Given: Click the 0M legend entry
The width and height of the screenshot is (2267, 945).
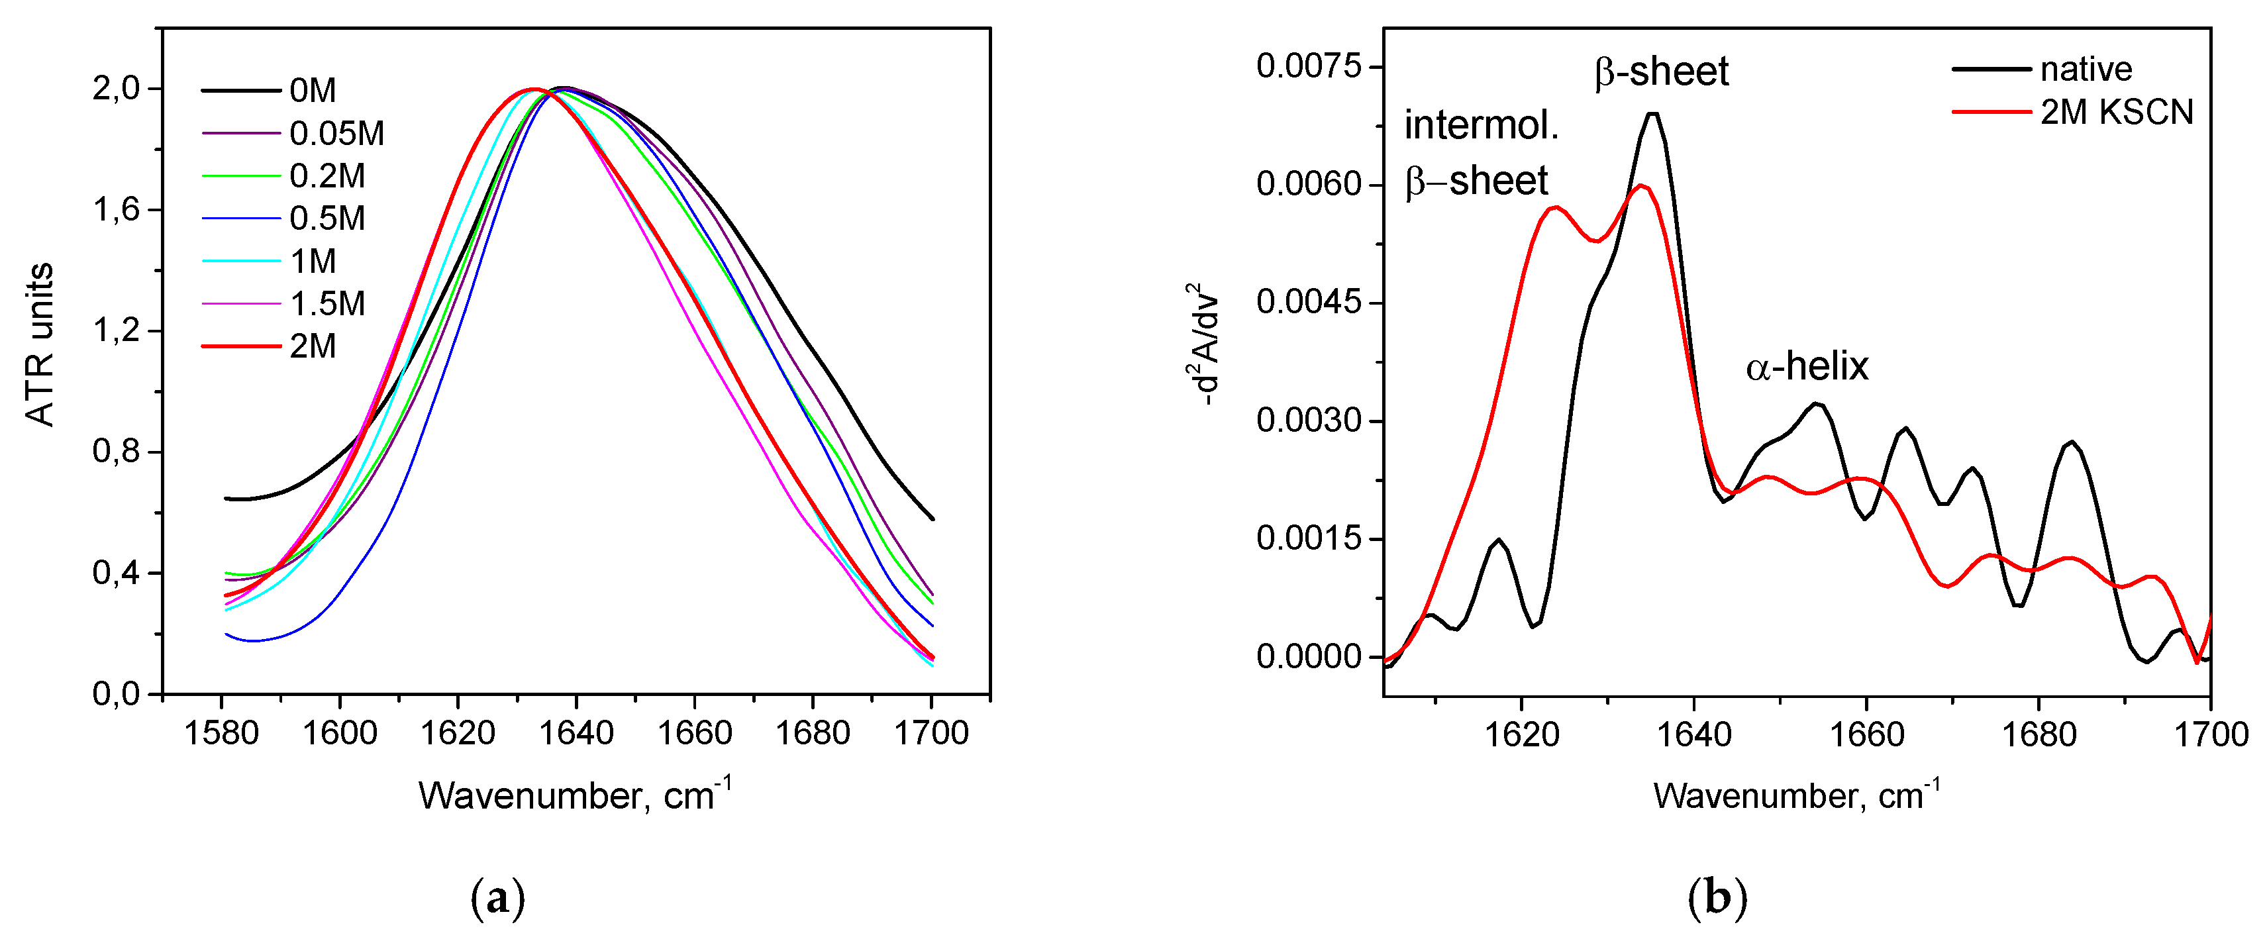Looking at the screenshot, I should tap(313, 91).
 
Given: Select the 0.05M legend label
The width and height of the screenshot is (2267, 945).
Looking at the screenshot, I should tap(336, 134).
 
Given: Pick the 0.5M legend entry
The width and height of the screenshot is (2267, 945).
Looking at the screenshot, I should tap(327, 219).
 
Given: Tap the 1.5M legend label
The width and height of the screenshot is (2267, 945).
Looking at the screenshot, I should tap(327, 303).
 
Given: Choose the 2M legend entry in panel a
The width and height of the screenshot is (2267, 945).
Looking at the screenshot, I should tap(313, 346).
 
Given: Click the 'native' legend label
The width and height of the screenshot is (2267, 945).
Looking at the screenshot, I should tap(2086, 69).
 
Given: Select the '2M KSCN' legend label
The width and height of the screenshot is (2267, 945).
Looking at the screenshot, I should tap(2117, 112).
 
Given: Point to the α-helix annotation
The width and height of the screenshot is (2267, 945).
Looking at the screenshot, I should tap(1806, 366).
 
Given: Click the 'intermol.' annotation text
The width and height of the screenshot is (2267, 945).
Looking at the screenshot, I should tap(1481, 125).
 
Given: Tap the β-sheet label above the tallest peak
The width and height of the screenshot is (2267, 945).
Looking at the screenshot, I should tap(1660, 72).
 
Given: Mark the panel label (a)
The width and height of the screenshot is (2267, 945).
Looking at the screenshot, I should tap(498, 899).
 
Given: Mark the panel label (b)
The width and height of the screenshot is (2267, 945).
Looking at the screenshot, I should tap(1717, 899).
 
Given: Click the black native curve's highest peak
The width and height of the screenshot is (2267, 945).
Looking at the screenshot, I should tap(1652, 113).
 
